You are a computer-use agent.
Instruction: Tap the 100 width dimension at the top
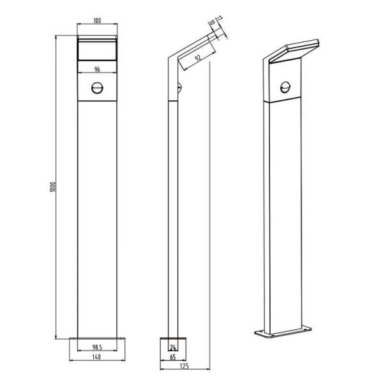pyautogui.click(x=96, y=21)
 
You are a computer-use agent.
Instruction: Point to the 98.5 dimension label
pyautogui.click(x=96, y=347)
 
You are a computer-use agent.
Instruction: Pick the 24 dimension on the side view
pyautogui.click(x=172, y=347)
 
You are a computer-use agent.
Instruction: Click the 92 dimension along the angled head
pyautogui.click(x=199, y=59)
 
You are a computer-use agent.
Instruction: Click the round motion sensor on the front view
pyautogui.click(x=96, y=89)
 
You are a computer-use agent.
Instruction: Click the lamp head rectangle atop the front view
pyautogui.click(x=96, y=49)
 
